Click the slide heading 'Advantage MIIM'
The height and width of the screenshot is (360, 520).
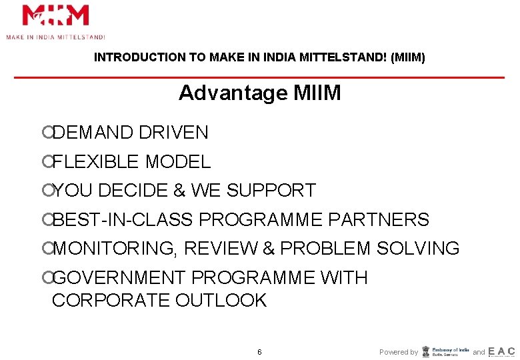(259, 93)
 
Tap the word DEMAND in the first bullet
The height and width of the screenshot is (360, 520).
(93, 133)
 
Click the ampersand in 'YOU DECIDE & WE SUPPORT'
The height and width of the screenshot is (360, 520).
(179, 191)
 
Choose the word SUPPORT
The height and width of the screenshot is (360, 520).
(271, 191)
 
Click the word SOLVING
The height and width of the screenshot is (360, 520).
(418, 249)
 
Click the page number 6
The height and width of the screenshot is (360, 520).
(259, 352)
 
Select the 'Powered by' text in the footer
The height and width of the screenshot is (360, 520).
(399, 352)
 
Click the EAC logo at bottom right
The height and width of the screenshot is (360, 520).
(501, 351)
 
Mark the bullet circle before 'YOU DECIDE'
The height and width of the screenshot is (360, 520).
(46, 191)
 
